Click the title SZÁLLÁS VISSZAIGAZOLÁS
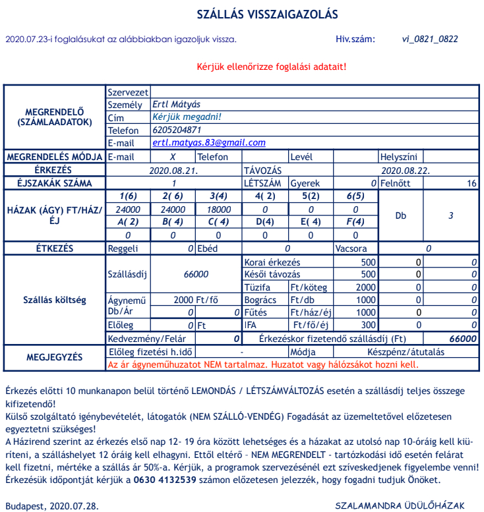[268, 14]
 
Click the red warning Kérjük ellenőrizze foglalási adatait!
[271, 67]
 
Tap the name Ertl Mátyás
[176, 104]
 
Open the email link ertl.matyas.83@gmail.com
[208, 142]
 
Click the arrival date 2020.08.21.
[174, 170]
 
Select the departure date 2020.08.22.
[406, 170]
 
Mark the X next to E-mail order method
[173, 157]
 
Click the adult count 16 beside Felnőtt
[471, 183]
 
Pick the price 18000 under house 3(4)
[219, 209]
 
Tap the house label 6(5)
[355, 196]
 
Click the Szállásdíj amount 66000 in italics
[196, 274]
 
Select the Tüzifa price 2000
[366, 287]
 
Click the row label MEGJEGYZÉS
[55, 358]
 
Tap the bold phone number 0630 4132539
[167, 479]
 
